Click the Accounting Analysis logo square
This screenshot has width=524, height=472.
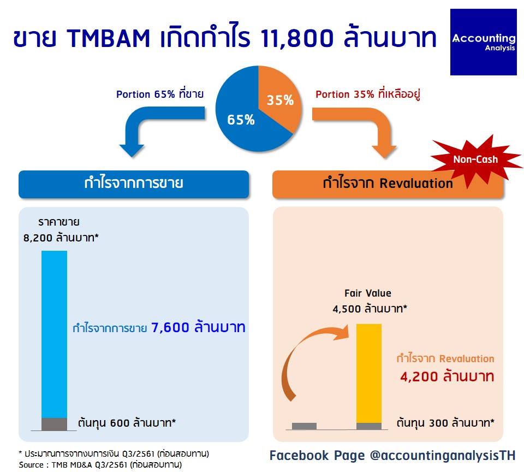(483, 42)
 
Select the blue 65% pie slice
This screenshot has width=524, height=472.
(241, 117)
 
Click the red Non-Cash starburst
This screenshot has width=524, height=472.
(476, 160)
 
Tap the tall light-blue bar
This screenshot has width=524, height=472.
(54, 334)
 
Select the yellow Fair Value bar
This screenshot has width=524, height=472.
(368, 373)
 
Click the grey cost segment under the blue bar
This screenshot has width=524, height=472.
(54, 424)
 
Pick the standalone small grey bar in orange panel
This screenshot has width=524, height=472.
(304, 426)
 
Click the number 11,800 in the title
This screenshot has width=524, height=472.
(296, 38)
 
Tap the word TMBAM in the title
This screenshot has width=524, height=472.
(109, 38)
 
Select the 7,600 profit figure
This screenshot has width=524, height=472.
(170, 327)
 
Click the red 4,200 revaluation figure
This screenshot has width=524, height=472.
(419, 376)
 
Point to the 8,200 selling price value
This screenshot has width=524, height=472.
(38, 238)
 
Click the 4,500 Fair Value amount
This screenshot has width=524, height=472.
(347, 309)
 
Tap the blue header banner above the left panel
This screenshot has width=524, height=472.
(134, 184)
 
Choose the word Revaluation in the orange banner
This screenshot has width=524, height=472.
(416, 184)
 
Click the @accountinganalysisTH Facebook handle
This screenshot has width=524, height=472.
(443, 456)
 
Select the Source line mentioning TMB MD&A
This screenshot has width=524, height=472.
(100, 465)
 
